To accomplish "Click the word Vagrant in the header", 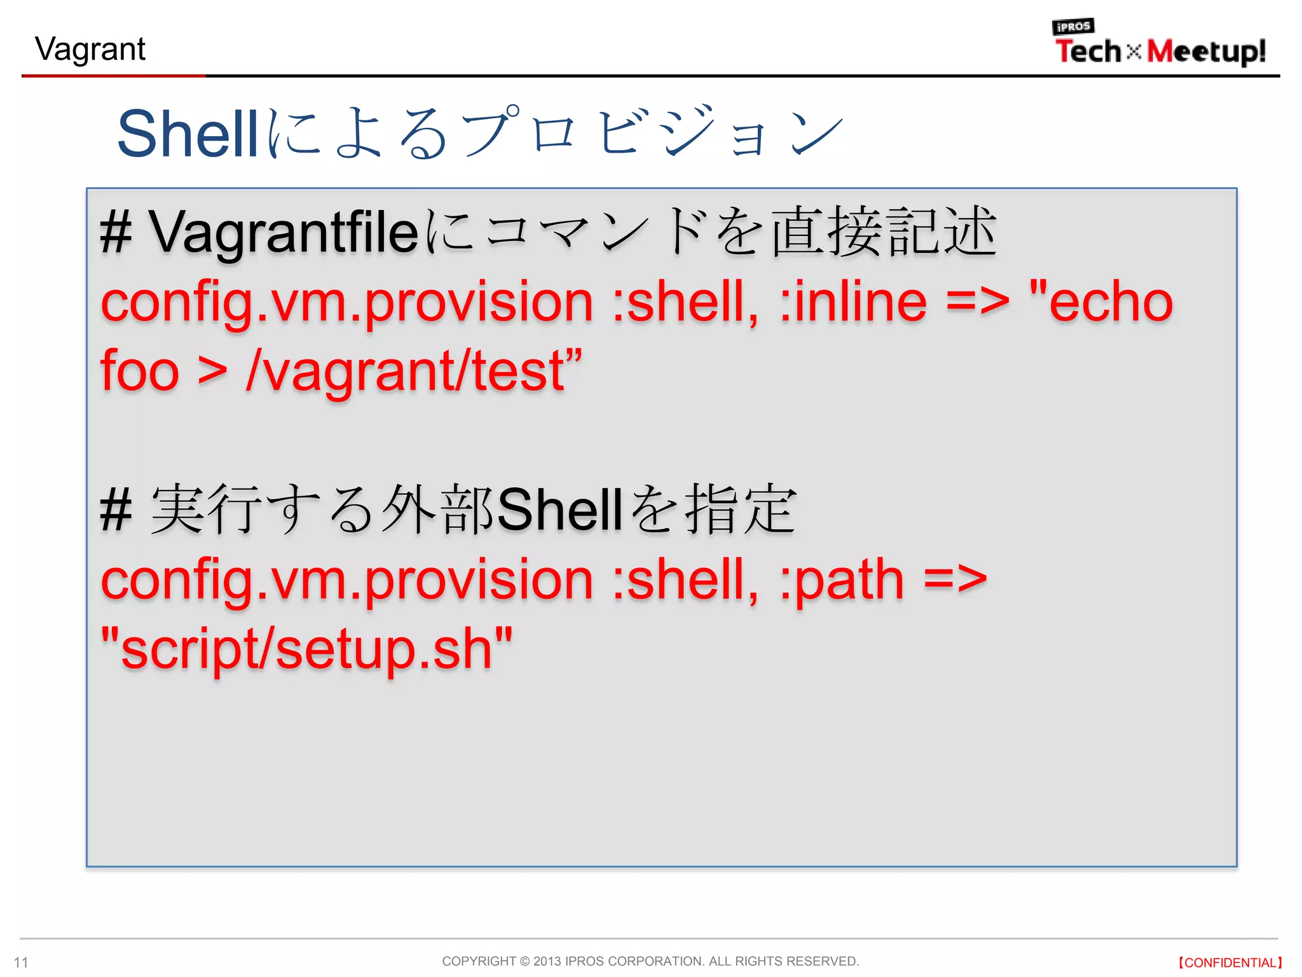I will pyautogui.click(x=90, y=50).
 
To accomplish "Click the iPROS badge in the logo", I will pyautogui.click(x=1073, y=27).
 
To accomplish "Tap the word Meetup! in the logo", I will pyautogui.click(x=1206, y=52).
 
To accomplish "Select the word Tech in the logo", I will pyautogui.click(x=1088, y=52).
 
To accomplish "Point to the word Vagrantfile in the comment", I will pyautogui.click(x=284, y=233).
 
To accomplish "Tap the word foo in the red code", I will pyautogui.click(x=140, y=371).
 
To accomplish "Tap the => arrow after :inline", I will pyautogui.click(x=978, y=302).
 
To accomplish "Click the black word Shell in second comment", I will pyautogui.click(x=559, y=510).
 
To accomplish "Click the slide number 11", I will pyautogui.click(x=21, y=962).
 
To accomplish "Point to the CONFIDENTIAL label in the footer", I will pyautogui.click(x=1230, y=962).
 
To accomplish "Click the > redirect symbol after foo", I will pyautogui.click(x=212, y=371).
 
